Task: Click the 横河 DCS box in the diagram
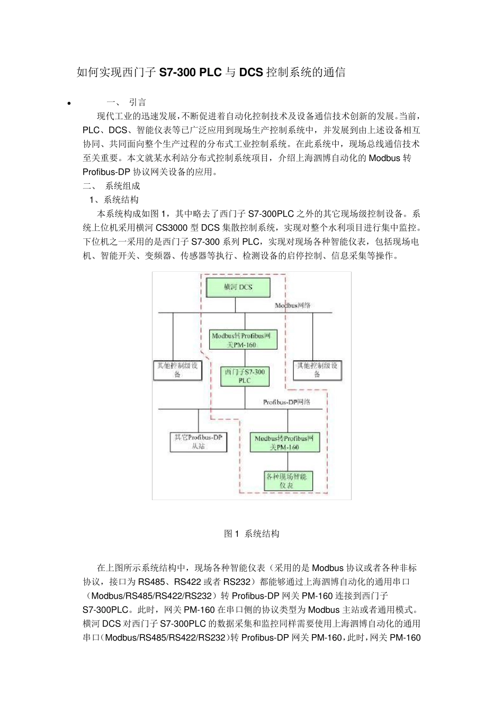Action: click(238, 287)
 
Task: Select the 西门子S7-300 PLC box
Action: click(244, 376)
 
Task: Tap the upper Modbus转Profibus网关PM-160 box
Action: click(243, 340)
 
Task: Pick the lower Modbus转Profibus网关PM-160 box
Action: click(285, 442)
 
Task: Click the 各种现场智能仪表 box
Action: click(288, 481)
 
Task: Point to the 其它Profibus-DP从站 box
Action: click(199, 442)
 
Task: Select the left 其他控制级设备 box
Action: click(177, 370)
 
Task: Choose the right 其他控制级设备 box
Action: click(317, 370)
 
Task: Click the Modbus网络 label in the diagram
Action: click(293, 306)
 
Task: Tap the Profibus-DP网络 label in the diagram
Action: click(286, 402)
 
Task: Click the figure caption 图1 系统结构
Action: click(251, 533)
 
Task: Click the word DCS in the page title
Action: click(250, 73)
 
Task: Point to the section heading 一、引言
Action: click(127, 102)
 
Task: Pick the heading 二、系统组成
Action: click(112, 186)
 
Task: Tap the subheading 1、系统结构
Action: click(114, 200)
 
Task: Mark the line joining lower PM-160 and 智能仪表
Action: click(288, 461)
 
